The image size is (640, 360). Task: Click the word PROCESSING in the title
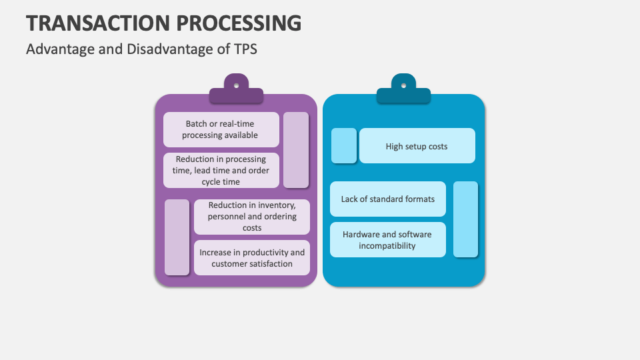[x=241, y=23]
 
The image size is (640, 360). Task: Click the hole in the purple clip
[x=236, y=85]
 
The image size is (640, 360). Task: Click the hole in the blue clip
[x=403, y=85]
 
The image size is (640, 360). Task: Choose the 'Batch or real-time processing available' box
[x=221, y=129]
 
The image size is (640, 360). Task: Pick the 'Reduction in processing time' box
[x=221, y=170]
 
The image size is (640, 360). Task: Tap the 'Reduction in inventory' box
[x=252, y=217]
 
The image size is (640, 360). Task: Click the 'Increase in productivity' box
[x=252, y=257]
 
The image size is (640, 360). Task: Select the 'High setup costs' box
[x=417, y=146]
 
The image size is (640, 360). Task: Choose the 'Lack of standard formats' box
[x=388, y=199]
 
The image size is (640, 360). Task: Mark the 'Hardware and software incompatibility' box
[x=388, y=240]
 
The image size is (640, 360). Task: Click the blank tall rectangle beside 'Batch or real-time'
[x=296, y=150]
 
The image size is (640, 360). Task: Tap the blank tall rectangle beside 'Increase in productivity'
[x=177, y=237]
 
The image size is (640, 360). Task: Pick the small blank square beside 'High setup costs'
[x=344, y=146]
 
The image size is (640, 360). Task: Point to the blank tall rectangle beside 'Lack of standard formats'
[x=465, y=219]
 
